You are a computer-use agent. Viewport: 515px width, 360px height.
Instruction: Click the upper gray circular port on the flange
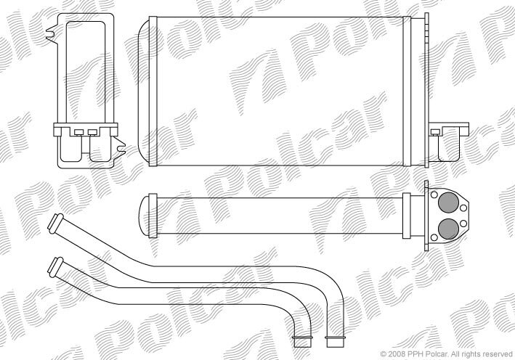449,203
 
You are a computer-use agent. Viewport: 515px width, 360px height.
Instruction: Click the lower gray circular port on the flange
449,229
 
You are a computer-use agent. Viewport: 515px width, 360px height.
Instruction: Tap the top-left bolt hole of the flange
434,195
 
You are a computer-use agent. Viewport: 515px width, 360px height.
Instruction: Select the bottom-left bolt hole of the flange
434,237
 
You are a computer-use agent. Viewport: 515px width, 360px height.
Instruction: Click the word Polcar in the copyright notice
429,353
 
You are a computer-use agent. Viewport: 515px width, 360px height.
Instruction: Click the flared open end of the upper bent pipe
55,223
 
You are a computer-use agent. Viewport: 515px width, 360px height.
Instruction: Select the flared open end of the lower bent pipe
55,266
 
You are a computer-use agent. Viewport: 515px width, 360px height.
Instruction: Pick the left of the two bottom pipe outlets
301,341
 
